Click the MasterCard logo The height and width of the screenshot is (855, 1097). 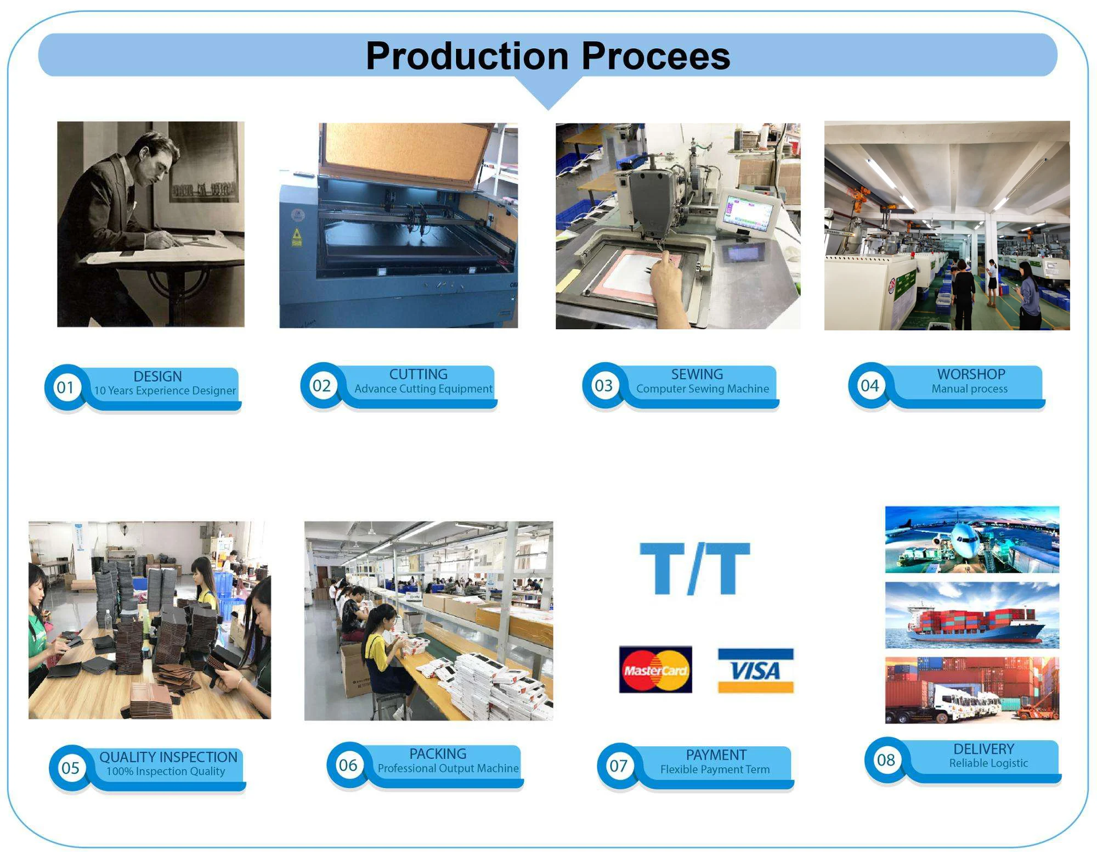[x=655, y=670]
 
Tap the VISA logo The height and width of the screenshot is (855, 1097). [x=756, y=671]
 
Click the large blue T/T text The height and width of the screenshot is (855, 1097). [x=695, y=569]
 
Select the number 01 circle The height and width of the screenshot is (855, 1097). [x=65, y=387]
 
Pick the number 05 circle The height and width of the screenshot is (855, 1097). [x=70, y=768]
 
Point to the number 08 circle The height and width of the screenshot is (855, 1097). [x=886, y=760]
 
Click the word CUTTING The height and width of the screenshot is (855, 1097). [x=419, y=374]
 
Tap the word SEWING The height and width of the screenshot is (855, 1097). [x=697, y=374]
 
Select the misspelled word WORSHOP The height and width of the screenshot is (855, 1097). [x=971, y=374]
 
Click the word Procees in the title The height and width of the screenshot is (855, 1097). [x=656, y=56]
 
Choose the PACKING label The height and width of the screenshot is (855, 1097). [x=438, y=754]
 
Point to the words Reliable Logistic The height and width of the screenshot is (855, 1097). [x=988, y=763]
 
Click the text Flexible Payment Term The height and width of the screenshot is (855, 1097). [x=715, y=769]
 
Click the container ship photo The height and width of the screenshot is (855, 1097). [x=972, y=615]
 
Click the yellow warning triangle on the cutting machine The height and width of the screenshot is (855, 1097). [x=297, y=235]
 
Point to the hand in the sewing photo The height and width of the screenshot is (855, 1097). [x=668, y=277]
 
